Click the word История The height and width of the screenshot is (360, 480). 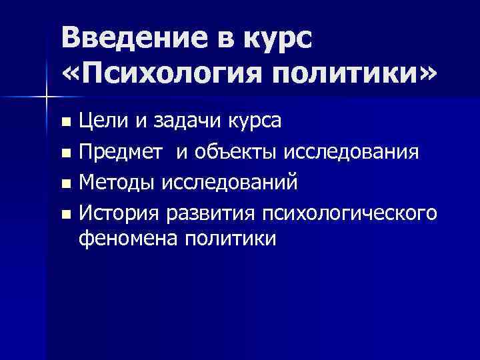(x=117, y=213)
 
